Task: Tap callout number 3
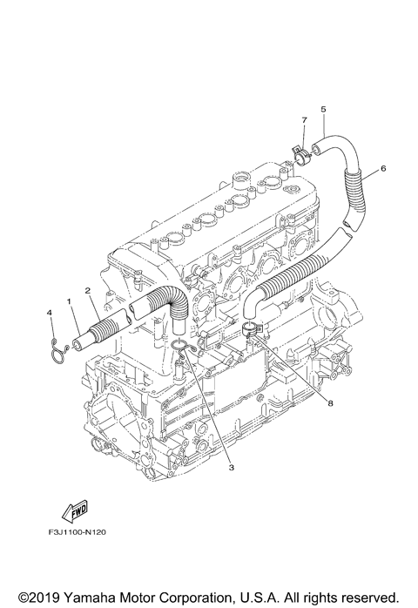232,468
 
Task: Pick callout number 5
323,110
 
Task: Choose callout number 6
383,168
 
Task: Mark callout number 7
304,120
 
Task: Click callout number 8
330,403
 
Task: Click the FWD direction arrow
75,510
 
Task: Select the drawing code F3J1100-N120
78,532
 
